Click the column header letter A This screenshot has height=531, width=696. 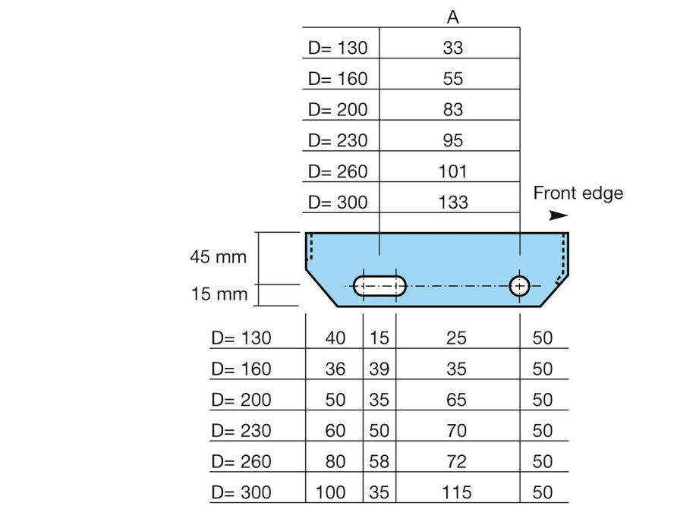point(452,17)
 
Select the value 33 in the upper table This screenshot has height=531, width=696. point(453,48)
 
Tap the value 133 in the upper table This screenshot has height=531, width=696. point(453,203)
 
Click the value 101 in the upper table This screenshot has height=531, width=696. point(453,171)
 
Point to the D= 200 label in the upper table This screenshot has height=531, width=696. point(338,109)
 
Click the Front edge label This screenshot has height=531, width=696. point(578,193)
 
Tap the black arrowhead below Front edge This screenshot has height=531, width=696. point(559,215)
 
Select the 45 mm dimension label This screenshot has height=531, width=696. point(218,257)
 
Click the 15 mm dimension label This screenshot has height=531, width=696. point(219,294)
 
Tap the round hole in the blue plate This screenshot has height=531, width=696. point(519,286)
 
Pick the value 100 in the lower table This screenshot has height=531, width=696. point(330,492)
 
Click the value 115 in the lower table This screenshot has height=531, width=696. point(457,492)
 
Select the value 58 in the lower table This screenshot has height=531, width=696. point(379,462)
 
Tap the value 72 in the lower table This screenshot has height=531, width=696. point(456,462)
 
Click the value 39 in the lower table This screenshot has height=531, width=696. point(379,369)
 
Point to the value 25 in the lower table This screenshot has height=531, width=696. point(456,338)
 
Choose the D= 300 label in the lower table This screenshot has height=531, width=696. point(241,492)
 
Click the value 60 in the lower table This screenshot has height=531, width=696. point(335,431)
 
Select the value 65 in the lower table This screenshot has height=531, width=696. point(456,400)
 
